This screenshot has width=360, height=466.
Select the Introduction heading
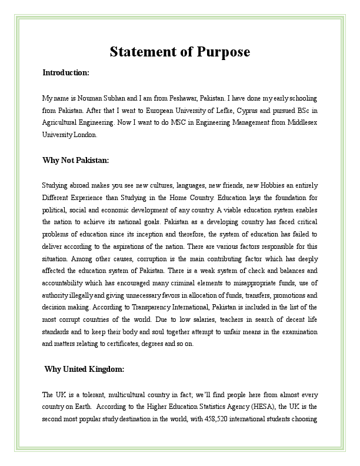(66, 73)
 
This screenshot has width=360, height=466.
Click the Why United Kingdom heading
(85, 369)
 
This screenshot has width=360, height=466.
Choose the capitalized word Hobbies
(245, 184)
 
